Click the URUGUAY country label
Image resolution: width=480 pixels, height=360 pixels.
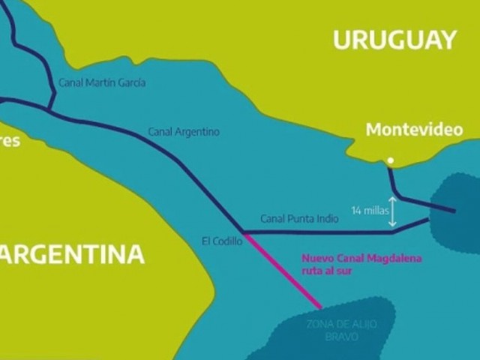click(395, 40)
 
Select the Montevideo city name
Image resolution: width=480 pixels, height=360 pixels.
click(414, 130)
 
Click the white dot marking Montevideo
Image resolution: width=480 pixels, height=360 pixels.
click(390, 160)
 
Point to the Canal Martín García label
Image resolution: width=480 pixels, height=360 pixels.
click(101, 82)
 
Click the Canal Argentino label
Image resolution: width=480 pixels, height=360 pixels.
click(184, 132)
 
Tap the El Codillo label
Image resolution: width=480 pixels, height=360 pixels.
click(222, 241)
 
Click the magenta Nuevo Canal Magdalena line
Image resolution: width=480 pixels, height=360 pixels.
click(281, 269)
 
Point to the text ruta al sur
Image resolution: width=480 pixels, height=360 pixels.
click(327, 272)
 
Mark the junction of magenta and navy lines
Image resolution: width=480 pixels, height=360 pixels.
click(242, 232)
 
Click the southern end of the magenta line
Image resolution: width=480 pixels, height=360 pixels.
click(320, 307)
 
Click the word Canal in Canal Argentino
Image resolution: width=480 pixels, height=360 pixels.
click(160, 132)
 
